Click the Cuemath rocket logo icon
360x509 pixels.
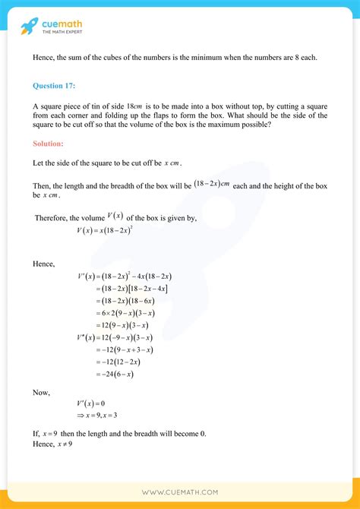(29, 27)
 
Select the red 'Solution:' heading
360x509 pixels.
(49, 143)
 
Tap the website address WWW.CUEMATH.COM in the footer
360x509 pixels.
(179, 492)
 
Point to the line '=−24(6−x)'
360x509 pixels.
(115, 374)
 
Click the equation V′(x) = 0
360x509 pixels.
(95, 403)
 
